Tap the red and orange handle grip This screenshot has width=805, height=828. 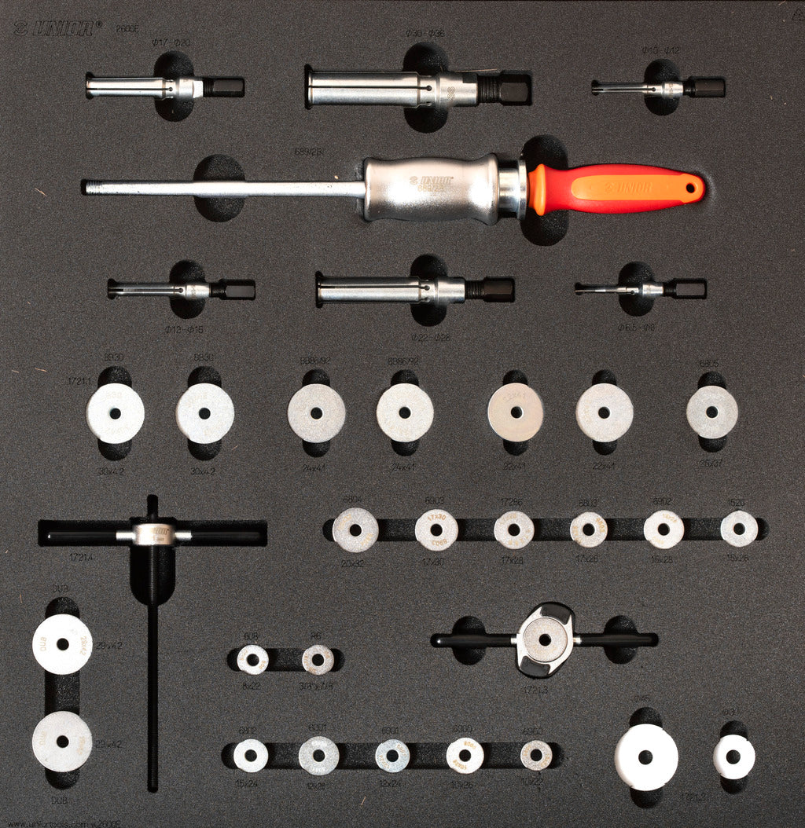[x=613, y=189]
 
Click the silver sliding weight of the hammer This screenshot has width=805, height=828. [x=431, y=189]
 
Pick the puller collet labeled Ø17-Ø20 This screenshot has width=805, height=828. [x=164, y=86]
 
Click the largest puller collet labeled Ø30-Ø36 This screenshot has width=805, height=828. [x=417, y=88]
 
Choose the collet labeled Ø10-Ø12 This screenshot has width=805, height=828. [x=659, y=87]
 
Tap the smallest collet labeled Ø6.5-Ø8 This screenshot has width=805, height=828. [x=640, y=289]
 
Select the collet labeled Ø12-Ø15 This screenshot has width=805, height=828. [x=181, y=290]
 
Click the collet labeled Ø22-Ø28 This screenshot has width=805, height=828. [x=414, y=289]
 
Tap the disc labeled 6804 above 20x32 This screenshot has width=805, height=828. [x=355, y=529]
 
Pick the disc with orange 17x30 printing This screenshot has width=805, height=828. [x=436, y=529]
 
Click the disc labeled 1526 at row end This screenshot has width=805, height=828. [x=739, y=529]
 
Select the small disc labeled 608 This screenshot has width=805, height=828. [x=252, y=659]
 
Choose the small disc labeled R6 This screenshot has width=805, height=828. [x=318, y=659]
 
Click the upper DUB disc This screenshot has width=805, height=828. [x=62, y=644]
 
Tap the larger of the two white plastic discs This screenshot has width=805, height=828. [x=646, y=757]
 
